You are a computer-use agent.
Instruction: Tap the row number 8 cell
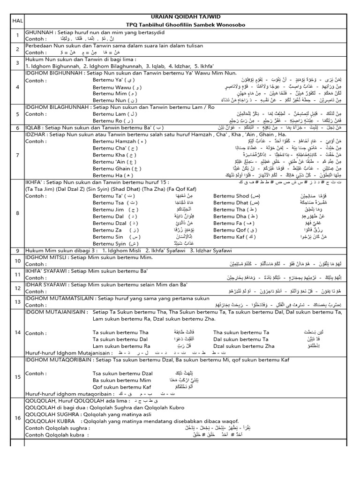point(17,213)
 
